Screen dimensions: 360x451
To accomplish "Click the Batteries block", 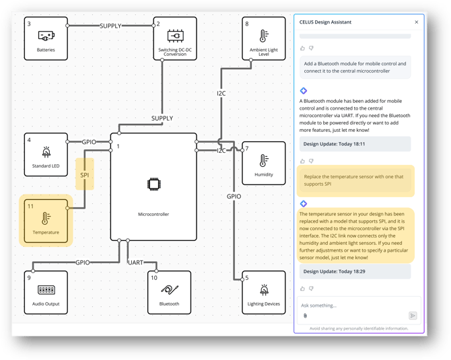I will pyautogui.click(x=46, y=38).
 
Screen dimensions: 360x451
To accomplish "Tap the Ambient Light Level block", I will pyautogui.click(x=263, y=38).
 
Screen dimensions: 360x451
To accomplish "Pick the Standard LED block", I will pyautogui.click(x=46, y=155).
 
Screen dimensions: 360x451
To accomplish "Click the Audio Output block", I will pyautogui.click(x=46, y=293).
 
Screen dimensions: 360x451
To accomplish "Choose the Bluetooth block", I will pyautogui.click(x=169, y=293).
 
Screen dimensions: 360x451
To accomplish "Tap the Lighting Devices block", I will pyautogui.click(x=263, y=293).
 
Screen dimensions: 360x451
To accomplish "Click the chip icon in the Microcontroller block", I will pyautogui.click(x=153, y=184).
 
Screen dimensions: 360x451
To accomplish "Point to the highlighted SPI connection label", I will pyautogui.click(x=85, y=175).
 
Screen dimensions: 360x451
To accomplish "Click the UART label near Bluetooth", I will pyautogui.click(x=136, y=262).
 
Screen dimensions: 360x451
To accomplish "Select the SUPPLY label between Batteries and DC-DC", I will pyautogui.click(x=111, y=26).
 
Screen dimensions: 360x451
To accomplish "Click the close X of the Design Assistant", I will pyautogui.click(x=416, y=22).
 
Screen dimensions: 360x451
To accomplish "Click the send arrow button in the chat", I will pyautogui.click(x=413, y=315).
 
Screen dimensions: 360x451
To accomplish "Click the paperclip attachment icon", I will pyautogui.click(x=305, y=315).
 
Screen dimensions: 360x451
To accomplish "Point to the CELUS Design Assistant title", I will pyautogui.click(x=325, y=22).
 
